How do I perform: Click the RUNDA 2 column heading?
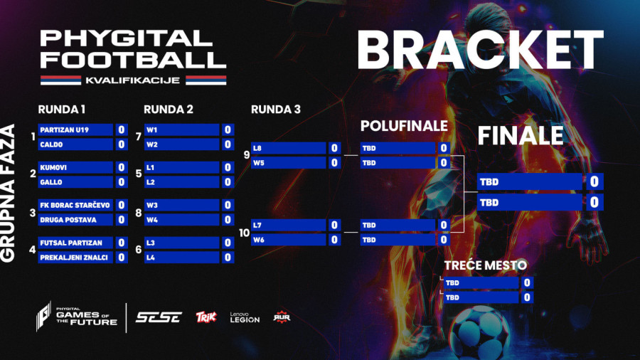click(x=169, y=110)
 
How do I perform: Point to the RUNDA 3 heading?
click(x=276, y=110)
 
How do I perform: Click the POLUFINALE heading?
click(x=404, y=126)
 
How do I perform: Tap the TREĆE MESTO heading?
click(x=486, y=265)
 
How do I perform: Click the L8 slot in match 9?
click(x=288, y=149)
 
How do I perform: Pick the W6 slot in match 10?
click(x=288, y=240)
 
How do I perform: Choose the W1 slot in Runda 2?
click(x=181, y=130)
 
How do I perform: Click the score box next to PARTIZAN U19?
click(x=122, y=130)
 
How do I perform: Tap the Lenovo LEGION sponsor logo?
click(x=245, y=317)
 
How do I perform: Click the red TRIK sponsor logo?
click(x=206, y=317)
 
